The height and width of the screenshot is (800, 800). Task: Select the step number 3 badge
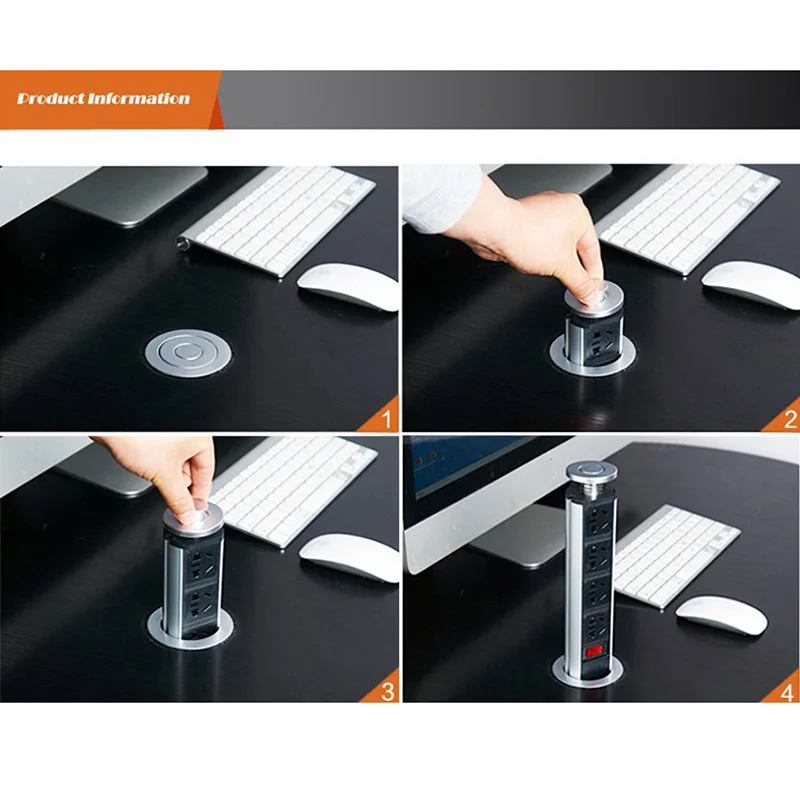386,690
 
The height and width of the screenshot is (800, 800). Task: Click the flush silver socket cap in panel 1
187,353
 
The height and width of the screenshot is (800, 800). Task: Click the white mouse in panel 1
347,286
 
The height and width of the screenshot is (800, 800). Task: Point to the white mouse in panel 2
750,284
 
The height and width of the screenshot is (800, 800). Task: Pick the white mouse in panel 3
349,556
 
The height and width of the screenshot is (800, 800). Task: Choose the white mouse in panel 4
721,614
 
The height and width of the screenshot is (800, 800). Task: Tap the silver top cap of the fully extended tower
588,472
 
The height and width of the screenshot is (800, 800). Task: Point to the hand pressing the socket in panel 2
530,235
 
